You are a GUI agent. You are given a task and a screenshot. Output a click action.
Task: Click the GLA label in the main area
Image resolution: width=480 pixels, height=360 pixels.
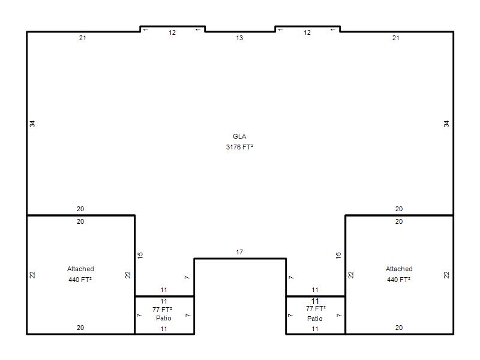click(x=239, y=136)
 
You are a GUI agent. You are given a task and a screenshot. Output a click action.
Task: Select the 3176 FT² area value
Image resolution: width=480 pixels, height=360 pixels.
click(x=239, y=147)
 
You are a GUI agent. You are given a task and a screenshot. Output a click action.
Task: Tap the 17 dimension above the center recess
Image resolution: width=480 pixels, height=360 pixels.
click(x=239, y=252)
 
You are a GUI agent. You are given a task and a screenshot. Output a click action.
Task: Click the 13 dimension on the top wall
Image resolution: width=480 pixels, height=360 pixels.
click(x=239, y=38)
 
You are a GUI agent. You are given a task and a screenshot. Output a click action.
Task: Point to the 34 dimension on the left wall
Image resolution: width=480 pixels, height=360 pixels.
click(x=32, y=124)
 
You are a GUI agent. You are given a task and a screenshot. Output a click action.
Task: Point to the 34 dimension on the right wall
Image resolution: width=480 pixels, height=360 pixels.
click(x=446, y=124)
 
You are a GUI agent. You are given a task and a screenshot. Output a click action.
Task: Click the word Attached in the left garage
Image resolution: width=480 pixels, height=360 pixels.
click(x=80, y=269)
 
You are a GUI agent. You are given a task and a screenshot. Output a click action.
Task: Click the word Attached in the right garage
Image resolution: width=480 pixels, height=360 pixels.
click(x=399, y=269)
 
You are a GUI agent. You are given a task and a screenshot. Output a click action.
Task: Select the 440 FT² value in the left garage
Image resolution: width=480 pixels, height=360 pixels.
click(x=80, y=280)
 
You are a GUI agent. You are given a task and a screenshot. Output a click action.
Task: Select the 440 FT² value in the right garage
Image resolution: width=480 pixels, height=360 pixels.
click(x=398, y=280)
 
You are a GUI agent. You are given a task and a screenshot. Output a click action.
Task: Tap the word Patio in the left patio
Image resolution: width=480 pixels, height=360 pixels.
click(x=163, y=318)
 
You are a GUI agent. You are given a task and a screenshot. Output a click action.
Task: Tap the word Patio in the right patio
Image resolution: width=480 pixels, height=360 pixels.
click(x=314, y=319)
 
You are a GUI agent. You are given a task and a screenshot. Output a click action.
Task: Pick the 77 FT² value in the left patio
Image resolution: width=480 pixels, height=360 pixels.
click(x=162, y=310)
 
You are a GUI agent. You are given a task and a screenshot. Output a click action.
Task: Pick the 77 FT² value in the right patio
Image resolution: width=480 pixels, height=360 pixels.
click(x=316, y=308)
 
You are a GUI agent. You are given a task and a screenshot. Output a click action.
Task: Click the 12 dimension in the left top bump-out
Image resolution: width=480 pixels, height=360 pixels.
click(x=172, y=32)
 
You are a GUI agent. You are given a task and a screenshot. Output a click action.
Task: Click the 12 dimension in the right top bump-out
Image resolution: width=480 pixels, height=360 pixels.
click(x=307, y=32)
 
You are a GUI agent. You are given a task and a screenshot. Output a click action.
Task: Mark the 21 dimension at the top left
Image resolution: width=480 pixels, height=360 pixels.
click(x=82, y=38)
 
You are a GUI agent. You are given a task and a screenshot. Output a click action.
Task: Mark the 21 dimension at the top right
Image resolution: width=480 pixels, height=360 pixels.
click(x=395, y=38)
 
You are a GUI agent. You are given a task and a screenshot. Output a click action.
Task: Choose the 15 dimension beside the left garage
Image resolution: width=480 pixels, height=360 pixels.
click(x=140, y=256)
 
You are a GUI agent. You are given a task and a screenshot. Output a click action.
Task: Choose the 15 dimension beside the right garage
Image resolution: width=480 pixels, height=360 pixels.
click(x=338, y=256)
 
